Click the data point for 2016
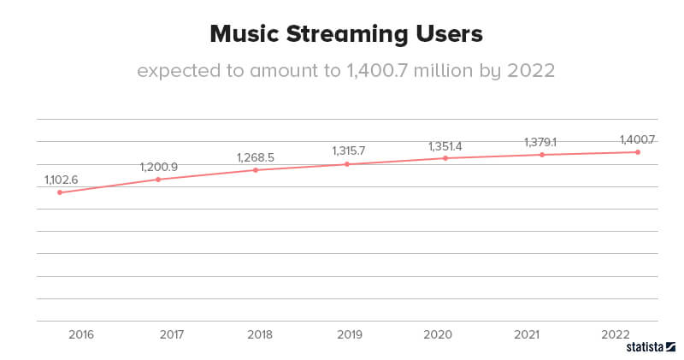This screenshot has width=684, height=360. (59, 192)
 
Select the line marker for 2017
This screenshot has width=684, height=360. (158, 179)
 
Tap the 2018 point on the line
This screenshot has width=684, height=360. (256, 170)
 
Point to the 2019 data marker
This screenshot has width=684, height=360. (347, 164)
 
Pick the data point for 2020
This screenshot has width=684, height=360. (445, 158)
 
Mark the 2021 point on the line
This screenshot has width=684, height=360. (541, 155)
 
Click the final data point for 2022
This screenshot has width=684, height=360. (638, 152)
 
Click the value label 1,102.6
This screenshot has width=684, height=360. (61, 180)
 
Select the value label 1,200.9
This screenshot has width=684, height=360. (158, 167)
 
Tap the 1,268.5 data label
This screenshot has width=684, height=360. (255, 157)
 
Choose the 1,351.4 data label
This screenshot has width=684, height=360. (445, 146)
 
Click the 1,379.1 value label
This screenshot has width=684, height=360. (540, 142)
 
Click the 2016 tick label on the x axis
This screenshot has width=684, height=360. (80, 335)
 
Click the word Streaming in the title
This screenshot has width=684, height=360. (346, 35)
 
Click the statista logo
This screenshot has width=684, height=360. (651, 348)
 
